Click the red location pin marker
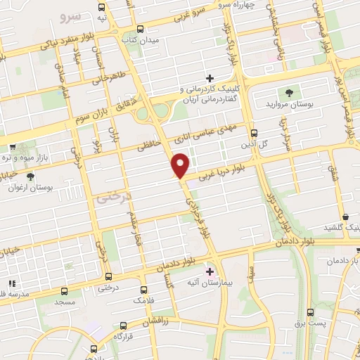(x=181, y=165)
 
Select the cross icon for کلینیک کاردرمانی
(x=209, y=77)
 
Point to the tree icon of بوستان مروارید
(x=288, y=92)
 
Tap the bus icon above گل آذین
(x=254, y=131)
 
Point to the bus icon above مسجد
(x=65, y=290)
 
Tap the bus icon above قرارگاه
(x=124, y=325)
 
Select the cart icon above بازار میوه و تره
(x=13, y=148)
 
